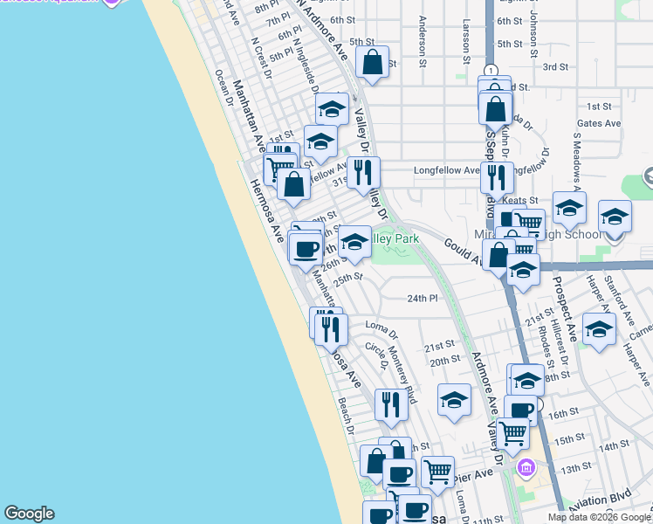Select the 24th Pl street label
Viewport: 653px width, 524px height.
pos(422,298)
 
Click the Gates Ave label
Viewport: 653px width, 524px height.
pos(598,123)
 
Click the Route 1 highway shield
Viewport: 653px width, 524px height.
pos(491,71)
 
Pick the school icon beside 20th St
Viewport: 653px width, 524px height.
pos(454,400)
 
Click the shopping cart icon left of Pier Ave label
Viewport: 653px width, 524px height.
pos(437,472)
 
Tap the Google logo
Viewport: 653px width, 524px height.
pos(29,514)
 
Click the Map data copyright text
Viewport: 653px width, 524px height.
pos(599,517)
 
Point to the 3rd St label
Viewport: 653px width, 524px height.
pos(555,66)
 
